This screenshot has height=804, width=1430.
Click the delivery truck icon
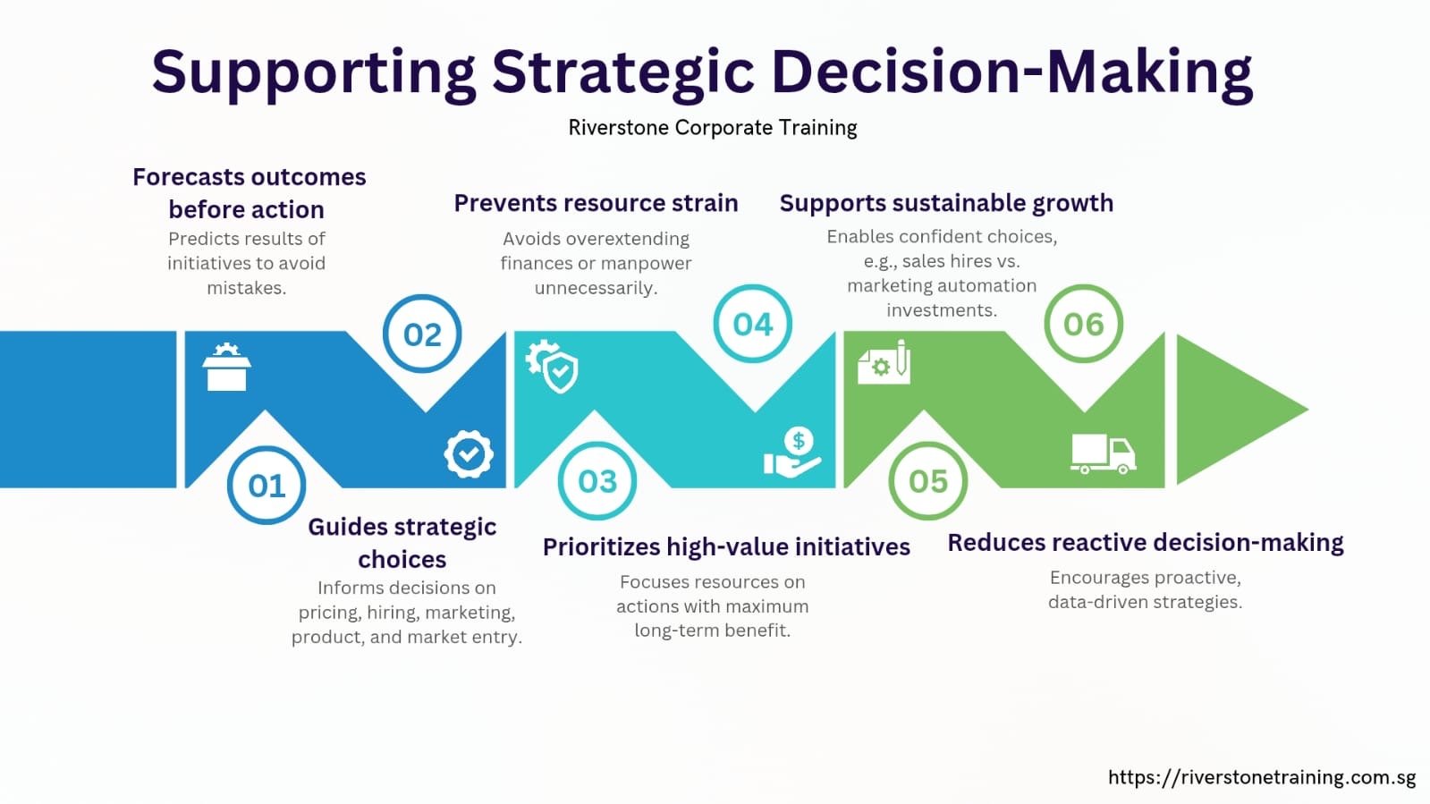pyautogui.click(x=1104, y=454)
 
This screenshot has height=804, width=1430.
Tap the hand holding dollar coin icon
pyautogui.click(x=792, y=453)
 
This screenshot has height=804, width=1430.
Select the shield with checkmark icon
pyautogui.click(x=552, y=366)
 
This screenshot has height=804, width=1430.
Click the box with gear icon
pyautogui.click(x=226, y=367)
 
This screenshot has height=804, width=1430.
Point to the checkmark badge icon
pyautogui.click(x=469, y=454)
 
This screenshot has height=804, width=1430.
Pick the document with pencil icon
pyautogui.click(x=884, y=362)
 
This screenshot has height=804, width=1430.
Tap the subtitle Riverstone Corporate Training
pyautogui.click(x=713, y=128)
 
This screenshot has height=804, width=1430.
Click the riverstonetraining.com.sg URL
pyautogui.click(x=1262, y=777)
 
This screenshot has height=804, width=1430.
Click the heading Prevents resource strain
pyautogui.click(x=597, y=203)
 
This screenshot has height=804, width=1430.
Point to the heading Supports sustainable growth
pyautogui.click(x=947, y=203)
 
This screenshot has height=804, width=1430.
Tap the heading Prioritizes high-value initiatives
pyautogui.click(x=726, y=547)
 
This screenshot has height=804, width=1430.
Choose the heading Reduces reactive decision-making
pyautogui.click(x=1146, y=543)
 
